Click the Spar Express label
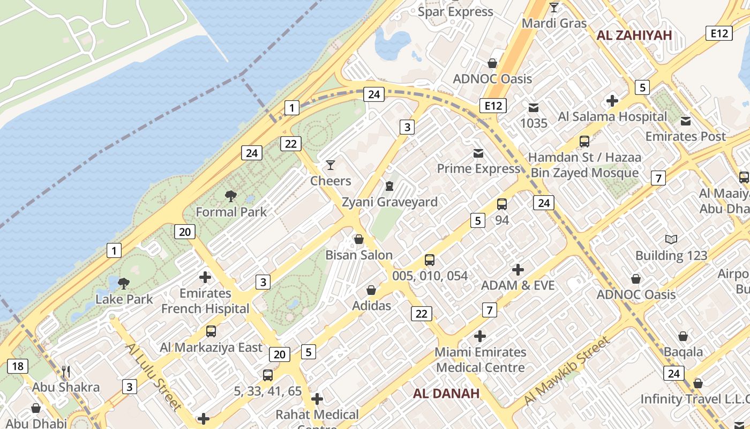click(455, 11)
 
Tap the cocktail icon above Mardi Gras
click(554, 8)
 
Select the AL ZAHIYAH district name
click(634, 35)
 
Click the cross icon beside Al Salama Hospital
click(612, 100)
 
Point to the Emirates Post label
click(685, 136)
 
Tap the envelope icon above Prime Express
click(478, 154)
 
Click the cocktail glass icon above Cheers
click(331, 165)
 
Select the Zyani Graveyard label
click(389, 202)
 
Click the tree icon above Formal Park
click(231, 196)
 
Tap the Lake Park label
click(124, 299)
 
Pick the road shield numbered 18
click(18, 366)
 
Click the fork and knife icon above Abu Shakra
click(66, 371)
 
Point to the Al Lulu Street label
click(154, 376)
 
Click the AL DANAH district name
click(446, 394)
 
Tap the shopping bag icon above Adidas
click(371, 290)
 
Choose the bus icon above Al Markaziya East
click(211, 331)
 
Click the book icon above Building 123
click(671, 239)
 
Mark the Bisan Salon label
click(359, 255)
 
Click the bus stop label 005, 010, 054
click(430, 276)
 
